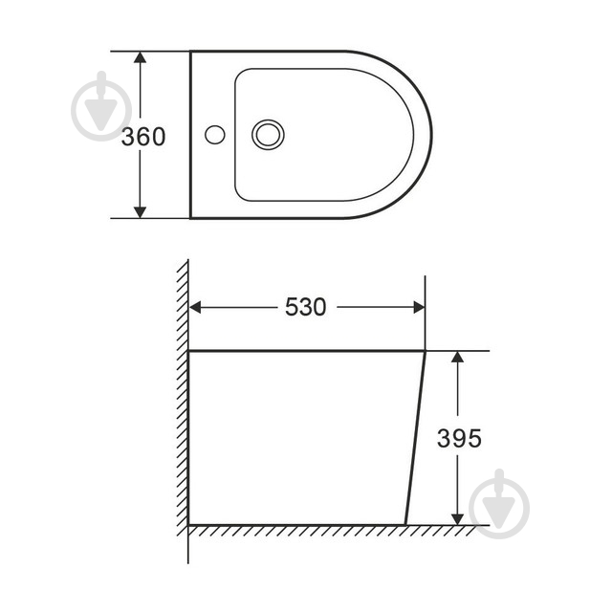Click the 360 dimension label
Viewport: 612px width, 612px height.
pyautogui.click(x=143, y=137)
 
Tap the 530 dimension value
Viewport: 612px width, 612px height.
pyautogui.click(x=305, y=307)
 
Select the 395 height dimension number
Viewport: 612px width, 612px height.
pyautogui.click(x=459, y=438)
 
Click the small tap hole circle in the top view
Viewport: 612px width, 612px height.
pyautogui.click(x=214, y=135)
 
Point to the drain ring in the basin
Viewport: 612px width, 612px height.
pyautogui.click(x=268, y=135)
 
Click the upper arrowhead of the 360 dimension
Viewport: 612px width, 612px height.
pyautogui.click(x=140, y=57)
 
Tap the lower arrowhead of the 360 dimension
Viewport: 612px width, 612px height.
pyautogui.click(x=140, y=212)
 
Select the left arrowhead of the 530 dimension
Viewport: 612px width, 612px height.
pyautogui.click(x=195, y=307)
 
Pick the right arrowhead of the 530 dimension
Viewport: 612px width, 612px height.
pyautogui.click(x=419, y=307)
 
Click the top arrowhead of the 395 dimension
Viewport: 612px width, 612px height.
pyautogui.click(x=457, y=357)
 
